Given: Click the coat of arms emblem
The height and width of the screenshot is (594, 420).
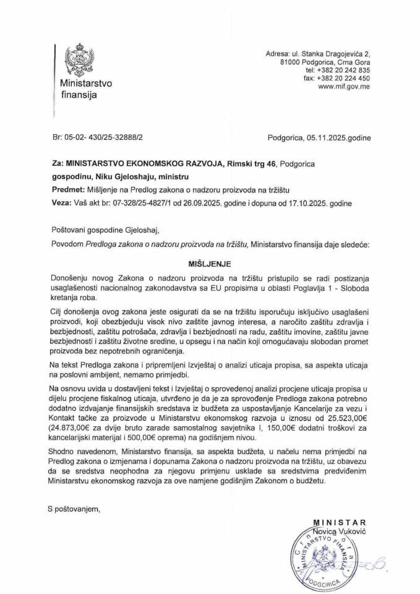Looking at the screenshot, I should [x=79, y=58].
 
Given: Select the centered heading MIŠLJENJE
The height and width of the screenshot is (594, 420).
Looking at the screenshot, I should [x=209, y=262].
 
